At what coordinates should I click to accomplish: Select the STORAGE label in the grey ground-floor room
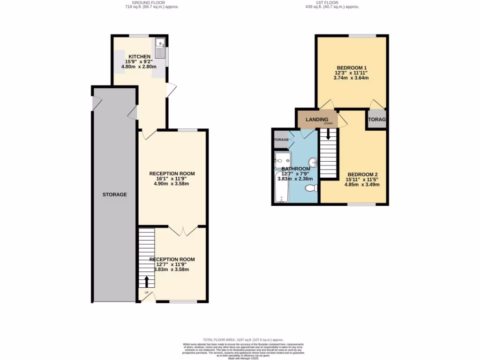coord(114,194)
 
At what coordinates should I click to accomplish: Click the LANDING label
coord(317,120)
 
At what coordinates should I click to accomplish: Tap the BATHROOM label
coord(296,169)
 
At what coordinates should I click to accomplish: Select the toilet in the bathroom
coord(311,188)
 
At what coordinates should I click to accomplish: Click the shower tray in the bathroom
coord(283,159)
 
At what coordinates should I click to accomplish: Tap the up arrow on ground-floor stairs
coord(147,281)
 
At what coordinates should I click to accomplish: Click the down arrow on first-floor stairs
coord(328,135)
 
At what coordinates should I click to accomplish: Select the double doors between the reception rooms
coord(180,231)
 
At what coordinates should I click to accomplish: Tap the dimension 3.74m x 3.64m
coord(351,78)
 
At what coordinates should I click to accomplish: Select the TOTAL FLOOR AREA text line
coord(243,339)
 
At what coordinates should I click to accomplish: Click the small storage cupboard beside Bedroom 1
coord(377,120)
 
